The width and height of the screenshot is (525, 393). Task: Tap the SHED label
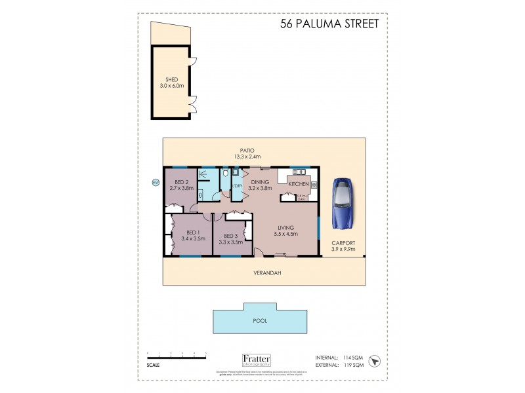click(169, 79)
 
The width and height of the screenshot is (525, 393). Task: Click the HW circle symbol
click(156, 183)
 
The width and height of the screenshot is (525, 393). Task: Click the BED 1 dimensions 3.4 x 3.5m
click(193, 239)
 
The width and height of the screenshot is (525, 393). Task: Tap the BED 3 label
click(230, 236)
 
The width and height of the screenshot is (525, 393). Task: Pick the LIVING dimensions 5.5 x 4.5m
click(287, 234)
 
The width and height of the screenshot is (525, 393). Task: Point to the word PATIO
click(247, 150)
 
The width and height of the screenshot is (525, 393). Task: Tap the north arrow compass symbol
click(375, 361)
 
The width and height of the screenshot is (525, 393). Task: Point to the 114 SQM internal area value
click(352, 357)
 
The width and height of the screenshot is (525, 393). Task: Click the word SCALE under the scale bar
click(152, 365)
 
